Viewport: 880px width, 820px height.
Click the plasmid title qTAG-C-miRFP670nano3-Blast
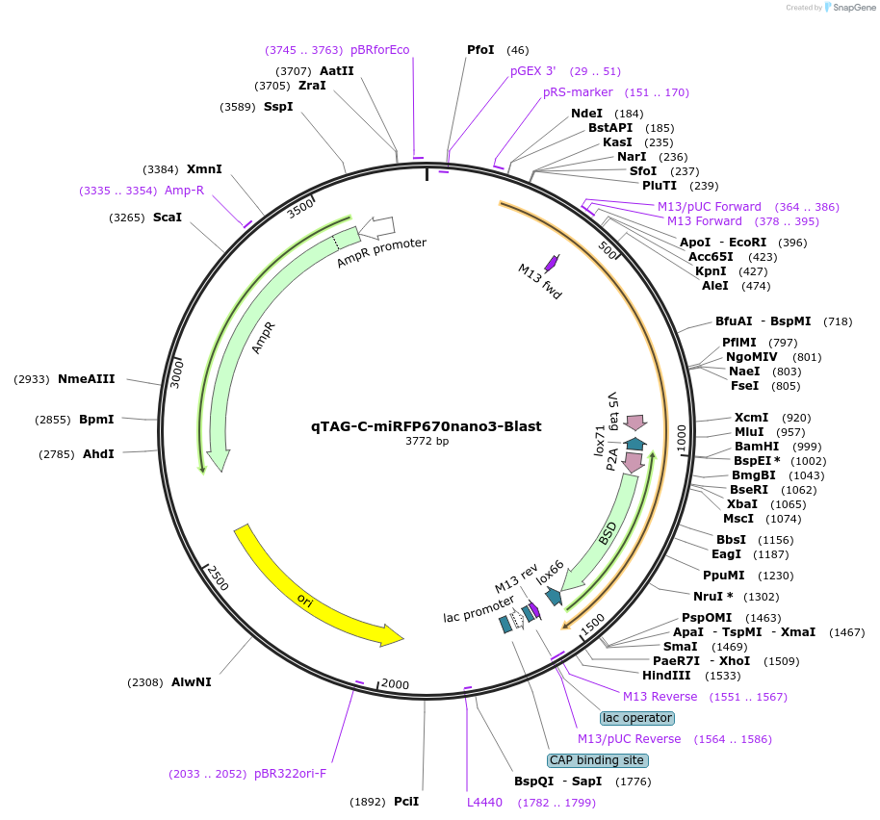(x=426, y=425)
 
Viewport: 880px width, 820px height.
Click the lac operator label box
(x=636, y=718)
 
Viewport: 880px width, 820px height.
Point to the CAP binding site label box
(x=598, y=760)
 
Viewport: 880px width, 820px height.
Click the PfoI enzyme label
(x=480, y=50)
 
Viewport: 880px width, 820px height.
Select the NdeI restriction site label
(x=586, y=114)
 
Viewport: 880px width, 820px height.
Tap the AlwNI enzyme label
(x=192, y=682)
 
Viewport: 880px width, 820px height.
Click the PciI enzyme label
(x=405, y=801)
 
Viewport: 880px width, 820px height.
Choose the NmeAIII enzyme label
(x=87, y=379)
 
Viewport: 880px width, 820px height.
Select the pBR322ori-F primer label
(x=291, y=773)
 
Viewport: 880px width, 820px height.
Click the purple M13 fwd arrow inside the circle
(x=552, y=263)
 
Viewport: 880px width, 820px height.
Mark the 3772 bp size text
(x=427, y=442)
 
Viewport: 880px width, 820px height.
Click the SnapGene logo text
(x=849, y=8)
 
